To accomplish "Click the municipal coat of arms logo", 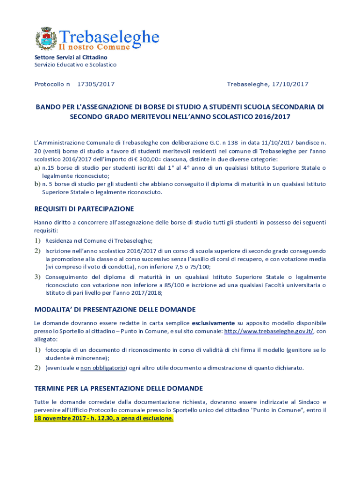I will tap(46, 38).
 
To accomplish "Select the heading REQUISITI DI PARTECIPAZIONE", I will tap(84, 209).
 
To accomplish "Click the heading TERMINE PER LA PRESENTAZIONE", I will tap(118, 389).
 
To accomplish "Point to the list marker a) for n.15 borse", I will tap(37, 168).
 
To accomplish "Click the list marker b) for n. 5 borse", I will tap(37, 184).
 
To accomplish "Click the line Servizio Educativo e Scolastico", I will tap(75, 65).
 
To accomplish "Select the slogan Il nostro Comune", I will tap(94, 47).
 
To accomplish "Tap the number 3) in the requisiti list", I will tap(37, 277).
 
